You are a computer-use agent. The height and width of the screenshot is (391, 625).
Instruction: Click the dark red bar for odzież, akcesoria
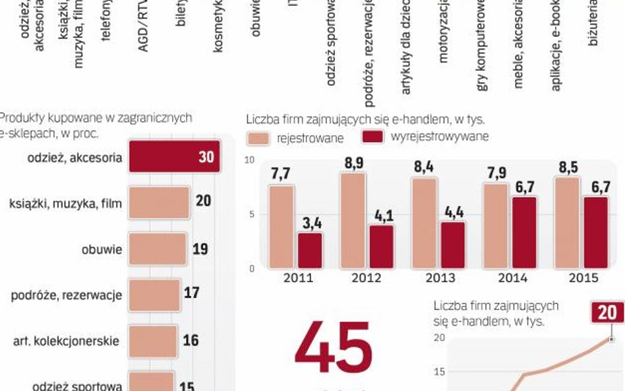coord(174,157)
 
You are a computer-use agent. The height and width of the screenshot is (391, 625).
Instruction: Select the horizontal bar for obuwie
coord(158,249)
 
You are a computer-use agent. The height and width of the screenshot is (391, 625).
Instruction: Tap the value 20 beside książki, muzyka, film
coord(203,200)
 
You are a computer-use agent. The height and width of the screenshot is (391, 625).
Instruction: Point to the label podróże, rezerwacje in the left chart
coord(67,295)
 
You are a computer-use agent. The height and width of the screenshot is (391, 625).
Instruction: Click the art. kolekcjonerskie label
coord(67,341)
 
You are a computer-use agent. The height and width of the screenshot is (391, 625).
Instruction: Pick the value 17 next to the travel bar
coord(191,291)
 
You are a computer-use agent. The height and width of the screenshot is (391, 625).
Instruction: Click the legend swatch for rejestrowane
coord(258,138)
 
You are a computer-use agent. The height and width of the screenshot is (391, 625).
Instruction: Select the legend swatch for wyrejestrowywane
coord(373,137)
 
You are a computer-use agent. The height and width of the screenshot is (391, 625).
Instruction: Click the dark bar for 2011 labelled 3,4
coord(310,250)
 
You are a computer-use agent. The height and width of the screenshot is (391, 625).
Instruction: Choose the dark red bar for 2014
coord(525,232)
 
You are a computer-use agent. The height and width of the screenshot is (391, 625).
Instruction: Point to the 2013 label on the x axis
coord(440,278)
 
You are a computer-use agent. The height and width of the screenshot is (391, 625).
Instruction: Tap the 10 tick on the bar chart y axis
coord(249,160)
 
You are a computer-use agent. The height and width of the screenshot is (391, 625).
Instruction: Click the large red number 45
coord(334,347)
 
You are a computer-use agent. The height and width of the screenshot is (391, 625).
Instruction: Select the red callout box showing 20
coord(607,312)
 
